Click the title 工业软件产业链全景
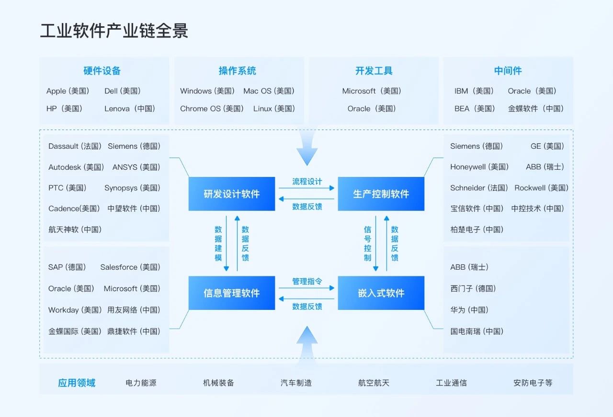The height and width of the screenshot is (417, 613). click(x=114, y=31)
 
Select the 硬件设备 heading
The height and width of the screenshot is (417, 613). click(x=102, y=71)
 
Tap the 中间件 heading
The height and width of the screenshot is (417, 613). click(x=508, y=71)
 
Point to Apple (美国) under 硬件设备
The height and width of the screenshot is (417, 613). click(x=68, y=91)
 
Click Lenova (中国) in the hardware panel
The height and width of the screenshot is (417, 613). click(x=130, y=109)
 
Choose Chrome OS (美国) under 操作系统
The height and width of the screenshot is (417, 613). click(x=212, y=109)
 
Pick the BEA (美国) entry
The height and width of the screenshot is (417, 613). click(x=475, y=109)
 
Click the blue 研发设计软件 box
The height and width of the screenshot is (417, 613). click(x=232, y=194)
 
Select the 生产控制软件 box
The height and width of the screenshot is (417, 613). click(x=381, y=194)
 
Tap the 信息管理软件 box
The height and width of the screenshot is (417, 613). click(x=232, y=293)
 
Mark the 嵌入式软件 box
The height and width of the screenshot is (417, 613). click(x=381, y=293)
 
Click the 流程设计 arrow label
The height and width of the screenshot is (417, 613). click(x=307, y=181)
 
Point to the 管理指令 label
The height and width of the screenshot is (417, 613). click(x=307, y=281)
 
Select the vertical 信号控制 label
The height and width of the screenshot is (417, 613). click(x=367, y=243)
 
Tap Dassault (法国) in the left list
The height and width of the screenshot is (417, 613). click(x=75, y=146)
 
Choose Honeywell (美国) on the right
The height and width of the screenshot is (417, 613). click(x=479, y=167)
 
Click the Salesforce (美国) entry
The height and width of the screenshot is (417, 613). click(x=130, y=267)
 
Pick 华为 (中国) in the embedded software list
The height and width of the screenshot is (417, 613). click(x=469, y=310)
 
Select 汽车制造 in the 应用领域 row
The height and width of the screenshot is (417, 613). click(x=296, y=383)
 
